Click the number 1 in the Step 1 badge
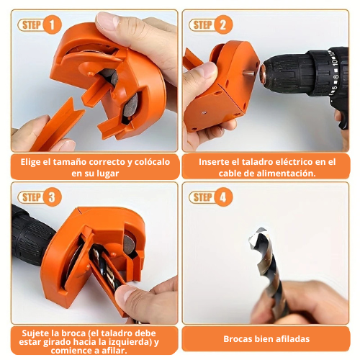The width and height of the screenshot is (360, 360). coord(52,25)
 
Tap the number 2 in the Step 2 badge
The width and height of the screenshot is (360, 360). coord(223,25)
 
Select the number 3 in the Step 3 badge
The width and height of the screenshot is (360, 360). coord(52,197)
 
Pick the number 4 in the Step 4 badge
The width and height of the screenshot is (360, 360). coord(223,197)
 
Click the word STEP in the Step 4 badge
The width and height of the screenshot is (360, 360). coord(202,197)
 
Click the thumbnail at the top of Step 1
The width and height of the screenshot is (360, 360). coord(108,20)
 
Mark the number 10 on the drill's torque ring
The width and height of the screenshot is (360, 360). coord(335,62)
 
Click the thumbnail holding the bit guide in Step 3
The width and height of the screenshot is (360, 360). coord(127,293)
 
